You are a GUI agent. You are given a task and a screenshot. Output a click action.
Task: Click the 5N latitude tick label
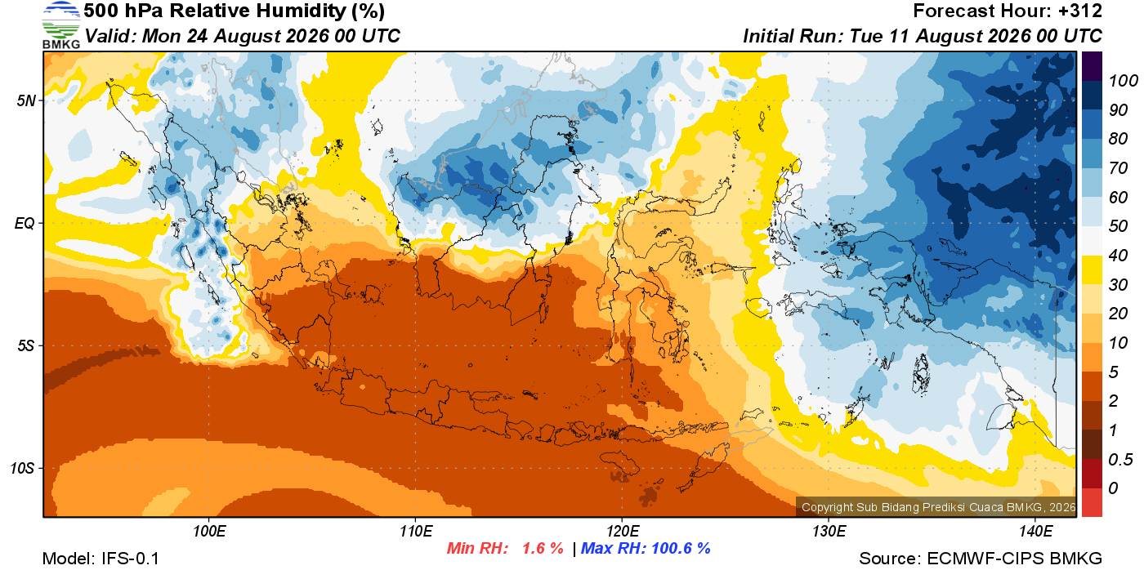[26, 100]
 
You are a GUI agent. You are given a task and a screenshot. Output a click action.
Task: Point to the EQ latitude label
[25, 223]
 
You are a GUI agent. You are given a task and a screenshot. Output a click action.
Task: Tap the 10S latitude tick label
[23, 468]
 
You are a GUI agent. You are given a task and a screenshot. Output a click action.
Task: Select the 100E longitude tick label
[209, 532]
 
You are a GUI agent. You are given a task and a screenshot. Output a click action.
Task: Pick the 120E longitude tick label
[622, 532]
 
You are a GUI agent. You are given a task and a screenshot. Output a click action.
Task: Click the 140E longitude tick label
[1035, 532]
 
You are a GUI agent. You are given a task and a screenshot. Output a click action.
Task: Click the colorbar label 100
[1123, 81]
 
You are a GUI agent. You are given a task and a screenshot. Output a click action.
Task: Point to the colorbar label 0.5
[1120, 460]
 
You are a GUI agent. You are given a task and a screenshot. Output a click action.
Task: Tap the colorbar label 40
[1118, 256]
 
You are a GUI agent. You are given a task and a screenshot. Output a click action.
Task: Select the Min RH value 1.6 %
[543, 548]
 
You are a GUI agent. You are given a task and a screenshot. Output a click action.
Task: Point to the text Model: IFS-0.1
[101, 559]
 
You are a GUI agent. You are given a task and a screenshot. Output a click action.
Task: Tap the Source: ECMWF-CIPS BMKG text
[981, 559]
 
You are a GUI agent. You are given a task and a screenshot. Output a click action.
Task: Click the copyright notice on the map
[938, 507]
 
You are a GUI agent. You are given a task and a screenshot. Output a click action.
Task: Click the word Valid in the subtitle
[110, 36]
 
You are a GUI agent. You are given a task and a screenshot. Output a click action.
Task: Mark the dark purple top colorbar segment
[1092, 66]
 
